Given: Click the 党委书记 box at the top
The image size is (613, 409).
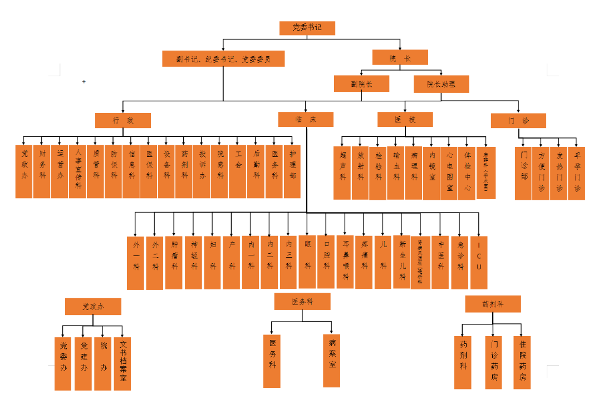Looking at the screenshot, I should tap(307, 27).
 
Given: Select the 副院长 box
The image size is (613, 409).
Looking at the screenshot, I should tap(361, 84).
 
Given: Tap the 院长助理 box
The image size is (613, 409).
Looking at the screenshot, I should tap(441, 84).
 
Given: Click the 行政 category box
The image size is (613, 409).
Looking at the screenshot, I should tap(123, 120).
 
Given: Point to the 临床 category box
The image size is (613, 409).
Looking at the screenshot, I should tap(306, 120).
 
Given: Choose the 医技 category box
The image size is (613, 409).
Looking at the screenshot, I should tap(405, 120).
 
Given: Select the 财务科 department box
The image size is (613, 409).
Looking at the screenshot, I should tap(42, 171).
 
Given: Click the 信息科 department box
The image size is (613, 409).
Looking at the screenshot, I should tap(131, 171).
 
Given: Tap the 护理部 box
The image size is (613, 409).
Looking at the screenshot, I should tap(292, 171).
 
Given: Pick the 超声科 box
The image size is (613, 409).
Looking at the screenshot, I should tap(342, 173).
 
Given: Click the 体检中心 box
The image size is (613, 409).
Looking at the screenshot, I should tap(468, 173).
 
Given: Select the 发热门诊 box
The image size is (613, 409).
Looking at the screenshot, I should tap(559, 173).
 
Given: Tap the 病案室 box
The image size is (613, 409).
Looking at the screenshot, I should tap(332, 361).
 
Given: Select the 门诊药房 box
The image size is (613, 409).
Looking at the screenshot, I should tap(494, 362).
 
